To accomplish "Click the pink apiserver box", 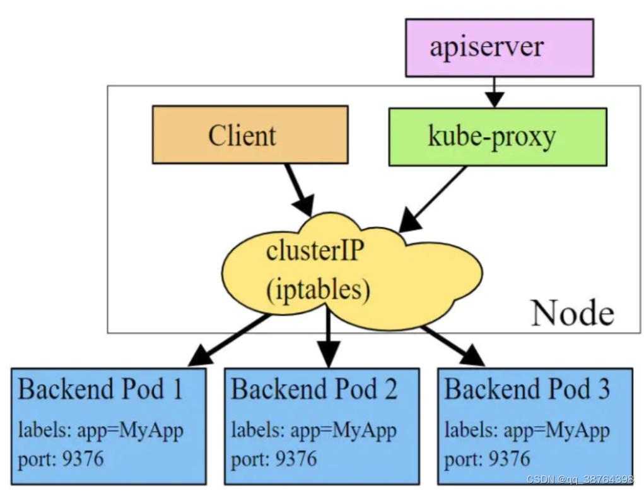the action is coord(500,48).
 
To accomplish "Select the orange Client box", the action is coord(250,135).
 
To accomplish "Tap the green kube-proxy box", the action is coord(498,137).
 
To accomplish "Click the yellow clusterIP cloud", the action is coord(352,271).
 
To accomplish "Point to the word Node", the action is coord(573,314).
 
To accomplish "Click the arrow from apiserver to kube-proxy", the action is coord(495,92).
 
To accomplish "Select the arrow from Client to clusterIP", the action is coord(300,190).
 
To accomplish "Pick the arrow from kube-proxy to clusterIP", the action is coord(433,199).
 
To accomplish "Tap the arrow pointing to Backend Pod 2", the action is coord(328,337).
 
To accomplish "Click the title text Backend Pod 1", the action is coord(100,389).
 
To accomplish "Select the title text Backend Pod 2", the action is coord(314,389).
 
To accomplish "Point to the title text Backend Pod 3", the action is coord(527,389).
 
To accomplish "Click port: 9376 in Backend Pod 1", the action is coord(61,459).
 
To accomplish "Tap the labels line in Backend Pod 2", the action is coord(313,431).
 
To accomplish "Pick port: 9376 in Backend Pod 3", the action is coord(487,459).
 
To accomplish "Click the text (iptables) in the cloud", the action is coord(319,290).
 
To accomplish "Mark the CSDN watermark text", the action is coord(580,479).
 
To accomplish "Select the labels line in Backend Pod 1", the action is coord(101,431).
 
